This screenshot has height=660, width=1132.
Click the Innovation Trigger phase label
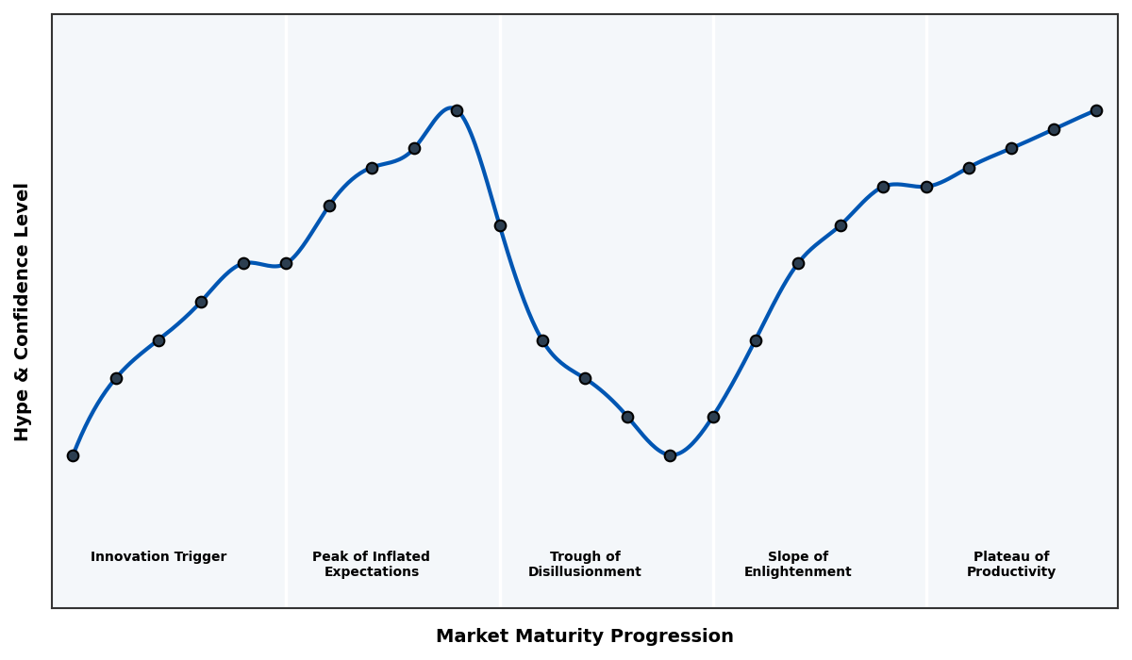158,557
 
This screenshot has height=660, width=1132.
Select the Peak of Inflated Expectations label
371,564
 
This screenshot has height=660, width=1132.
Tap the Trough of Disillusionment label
585,564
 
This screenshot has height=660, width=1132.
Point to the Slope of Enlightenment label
798,564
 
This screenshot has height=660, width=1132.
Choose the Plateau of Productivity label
1011,564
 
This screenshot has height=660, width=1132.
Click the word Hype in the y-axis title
23,413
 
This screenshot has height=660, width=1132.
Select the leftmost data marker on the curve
73,455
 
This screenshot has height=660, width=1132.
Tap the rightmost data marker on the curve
1096,110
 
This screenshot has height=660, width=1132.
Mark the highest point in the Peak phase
457,110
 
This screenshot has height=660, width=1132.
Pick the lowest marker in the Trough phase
670,455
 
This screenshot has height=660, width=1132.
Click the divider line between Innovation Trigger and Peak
287,424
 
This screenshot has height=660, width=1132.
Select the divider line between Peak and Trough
500,424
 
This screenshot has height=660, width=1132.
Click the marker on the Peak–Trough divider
500,225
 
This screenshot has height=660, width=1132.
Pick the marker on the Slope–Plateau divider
926,187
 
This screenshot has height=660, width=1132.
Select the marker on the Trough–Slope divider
713,417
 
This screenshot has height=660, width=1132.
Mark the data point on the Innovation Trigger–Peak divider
286,263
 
